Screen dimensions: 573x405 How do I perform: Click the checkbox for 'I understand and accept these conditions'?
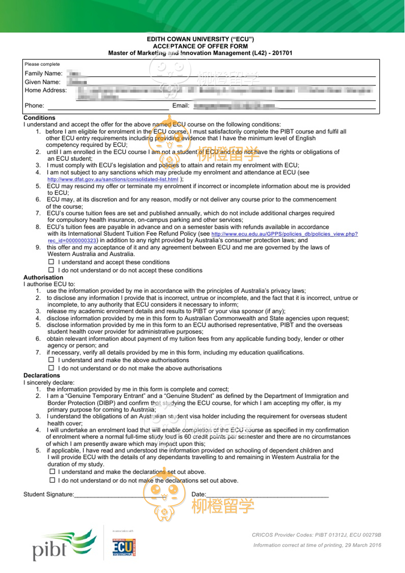(51, 262)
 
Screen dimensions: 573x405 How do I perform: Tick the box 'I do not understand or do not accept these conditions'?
(51, 270)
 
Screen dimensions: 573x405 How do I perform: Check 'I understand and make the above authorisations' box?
(51, 360)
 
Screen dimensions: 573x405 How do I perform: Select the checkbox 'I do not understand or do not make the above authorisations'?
(51, 368)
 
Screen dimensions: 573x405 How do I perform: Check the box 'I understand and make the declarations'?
(52, 471)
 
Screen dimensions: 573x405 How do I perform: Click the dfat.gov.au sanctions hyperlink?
(113, 179)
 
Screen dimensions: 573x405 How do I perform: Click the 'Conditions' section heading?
(39, 118)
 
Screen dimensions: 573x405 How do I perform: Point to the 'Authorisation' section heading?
(43, 277)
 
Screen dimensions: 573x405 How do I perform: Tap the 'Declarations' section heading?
(42, 375)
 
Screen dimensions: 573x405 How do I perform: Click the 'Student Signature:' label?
(49, 494)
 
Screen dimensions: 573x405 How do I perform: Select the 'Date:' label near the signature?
(199, 494)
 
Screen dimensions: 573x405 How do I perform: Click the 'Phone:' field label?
(34, 106)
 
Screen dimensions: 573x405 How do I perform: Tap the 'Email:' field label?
(181, 106)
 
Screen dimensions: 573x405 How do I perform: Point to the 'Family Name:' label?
(43, 74)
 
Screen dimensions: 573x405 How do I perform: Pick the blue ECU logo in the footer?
(124, 547)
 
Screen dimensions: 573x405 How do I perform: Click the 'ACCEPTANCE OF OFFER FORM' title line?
(200, 46)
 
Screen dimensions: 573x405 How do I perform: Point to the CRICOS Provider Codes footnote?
(316, 535)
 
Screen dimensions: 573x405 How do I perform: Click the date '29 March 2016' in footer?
(363, 545)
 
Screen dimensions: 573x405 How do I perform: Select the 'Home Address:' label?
(45, 90)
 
